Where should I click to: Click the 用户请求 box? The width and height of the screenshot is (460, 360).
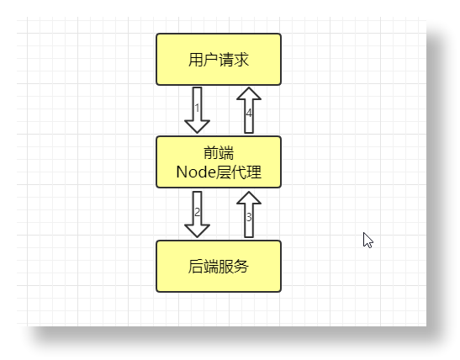(x=219, y=60)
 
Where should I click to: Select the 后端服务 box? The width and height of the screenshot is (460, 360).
(x=219, y=266)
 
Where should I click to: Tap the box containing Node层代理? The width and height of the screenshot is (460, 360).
(x=219, y=161)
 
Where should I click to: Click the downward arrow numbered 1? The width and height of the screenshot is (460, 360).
(x=197, y=109)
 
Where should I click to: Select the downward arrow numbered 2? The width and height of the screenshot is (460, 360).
(x=197, y=214)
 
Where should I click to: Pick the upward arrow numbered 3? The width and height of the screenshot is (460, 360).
(x=248, y=214)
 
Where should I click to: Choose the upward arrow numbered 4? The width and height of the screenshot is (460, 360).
(x=249, y=110)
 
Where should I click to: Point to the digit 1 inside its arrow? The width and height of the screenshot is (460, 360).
(x=197, y=108)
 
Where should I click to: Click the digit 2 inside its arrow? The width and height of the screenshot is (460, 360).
(x=197, y=211)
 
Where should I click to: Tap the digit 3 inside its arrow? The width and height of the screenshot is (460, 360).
(x=248, y=217)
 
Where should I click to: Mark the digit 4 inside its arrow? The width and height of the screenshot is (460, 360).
(x=249, y=113)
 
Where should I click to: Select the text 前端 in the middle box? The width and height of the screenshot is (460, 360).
(x=219, y=152)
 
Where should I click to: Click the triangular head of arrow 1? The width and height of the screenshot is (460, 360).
(x=197, y=125)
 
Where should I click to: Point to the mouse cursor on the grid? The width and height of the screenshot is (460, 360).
(x=367, y=239)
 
